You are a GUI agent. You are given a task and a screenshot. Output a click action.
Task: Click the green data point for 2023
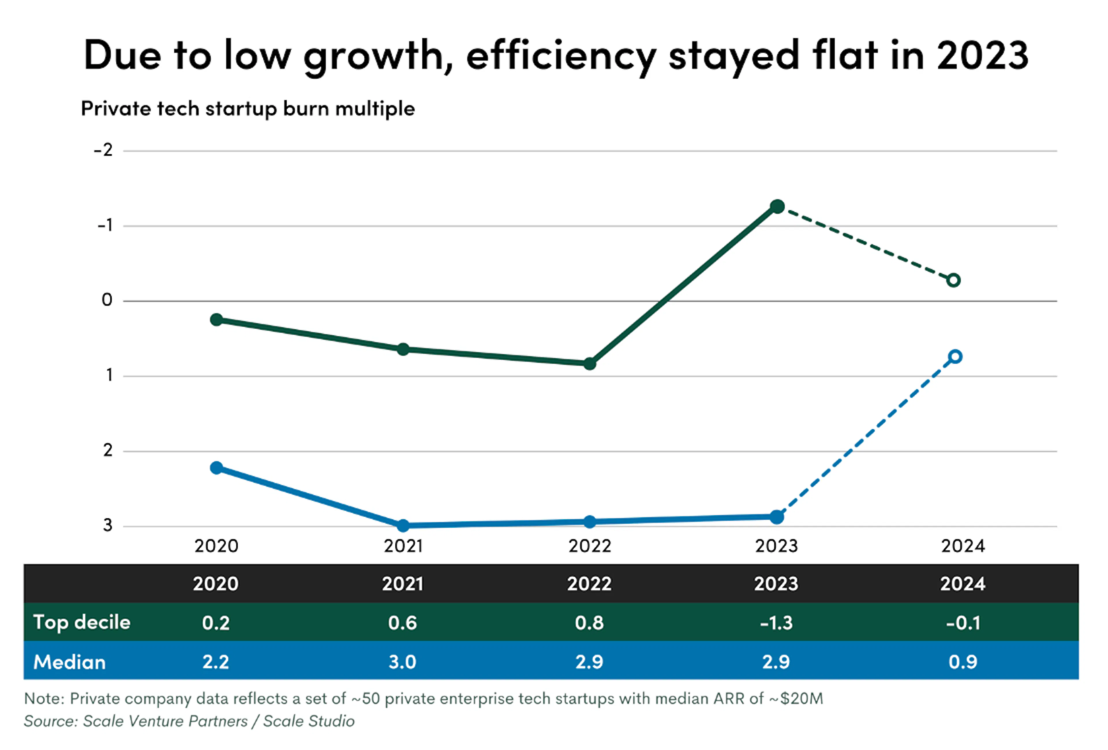pyautogui.click(x=777, y=206)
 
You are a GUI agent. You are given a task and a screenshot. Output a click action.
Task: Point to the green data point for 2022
pyautogui.click(x=590, y=364)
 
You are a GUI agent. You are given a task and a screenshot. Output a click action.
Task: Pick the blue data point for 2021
pyautogui.click(x=403, y=525)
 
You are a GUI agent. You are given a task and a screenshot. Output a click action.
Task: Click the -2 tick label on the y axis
pyautogui.click(x=104, y=150)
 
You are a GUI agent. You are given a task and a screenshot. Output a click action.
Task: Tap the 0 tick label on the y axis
pyautogui.click(x=107, y=300)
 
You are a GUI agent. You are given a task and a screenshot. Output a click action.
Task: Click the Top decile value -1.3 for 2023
pyautogui.click(x=776, y=623)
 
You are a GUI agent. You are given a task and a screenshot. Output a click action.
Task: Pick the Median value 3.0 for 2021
pyautogui.click(x=403, y=662)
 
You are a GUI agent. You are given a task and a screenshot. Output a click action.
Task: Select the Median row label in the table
pyautogui.click(x=70, y=662)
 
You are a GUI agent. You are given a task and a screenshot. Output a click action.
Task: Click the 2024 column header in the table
pyautogui.click(x=963, y=583)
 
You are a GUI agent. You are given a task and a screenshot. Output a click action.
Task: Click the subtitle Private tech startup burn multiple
pyautogui.click(x=248, y=109)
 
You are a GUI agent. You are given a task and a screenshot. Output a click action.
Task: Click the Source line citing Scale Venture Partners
pyautogui.click(x=189, y=721)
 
